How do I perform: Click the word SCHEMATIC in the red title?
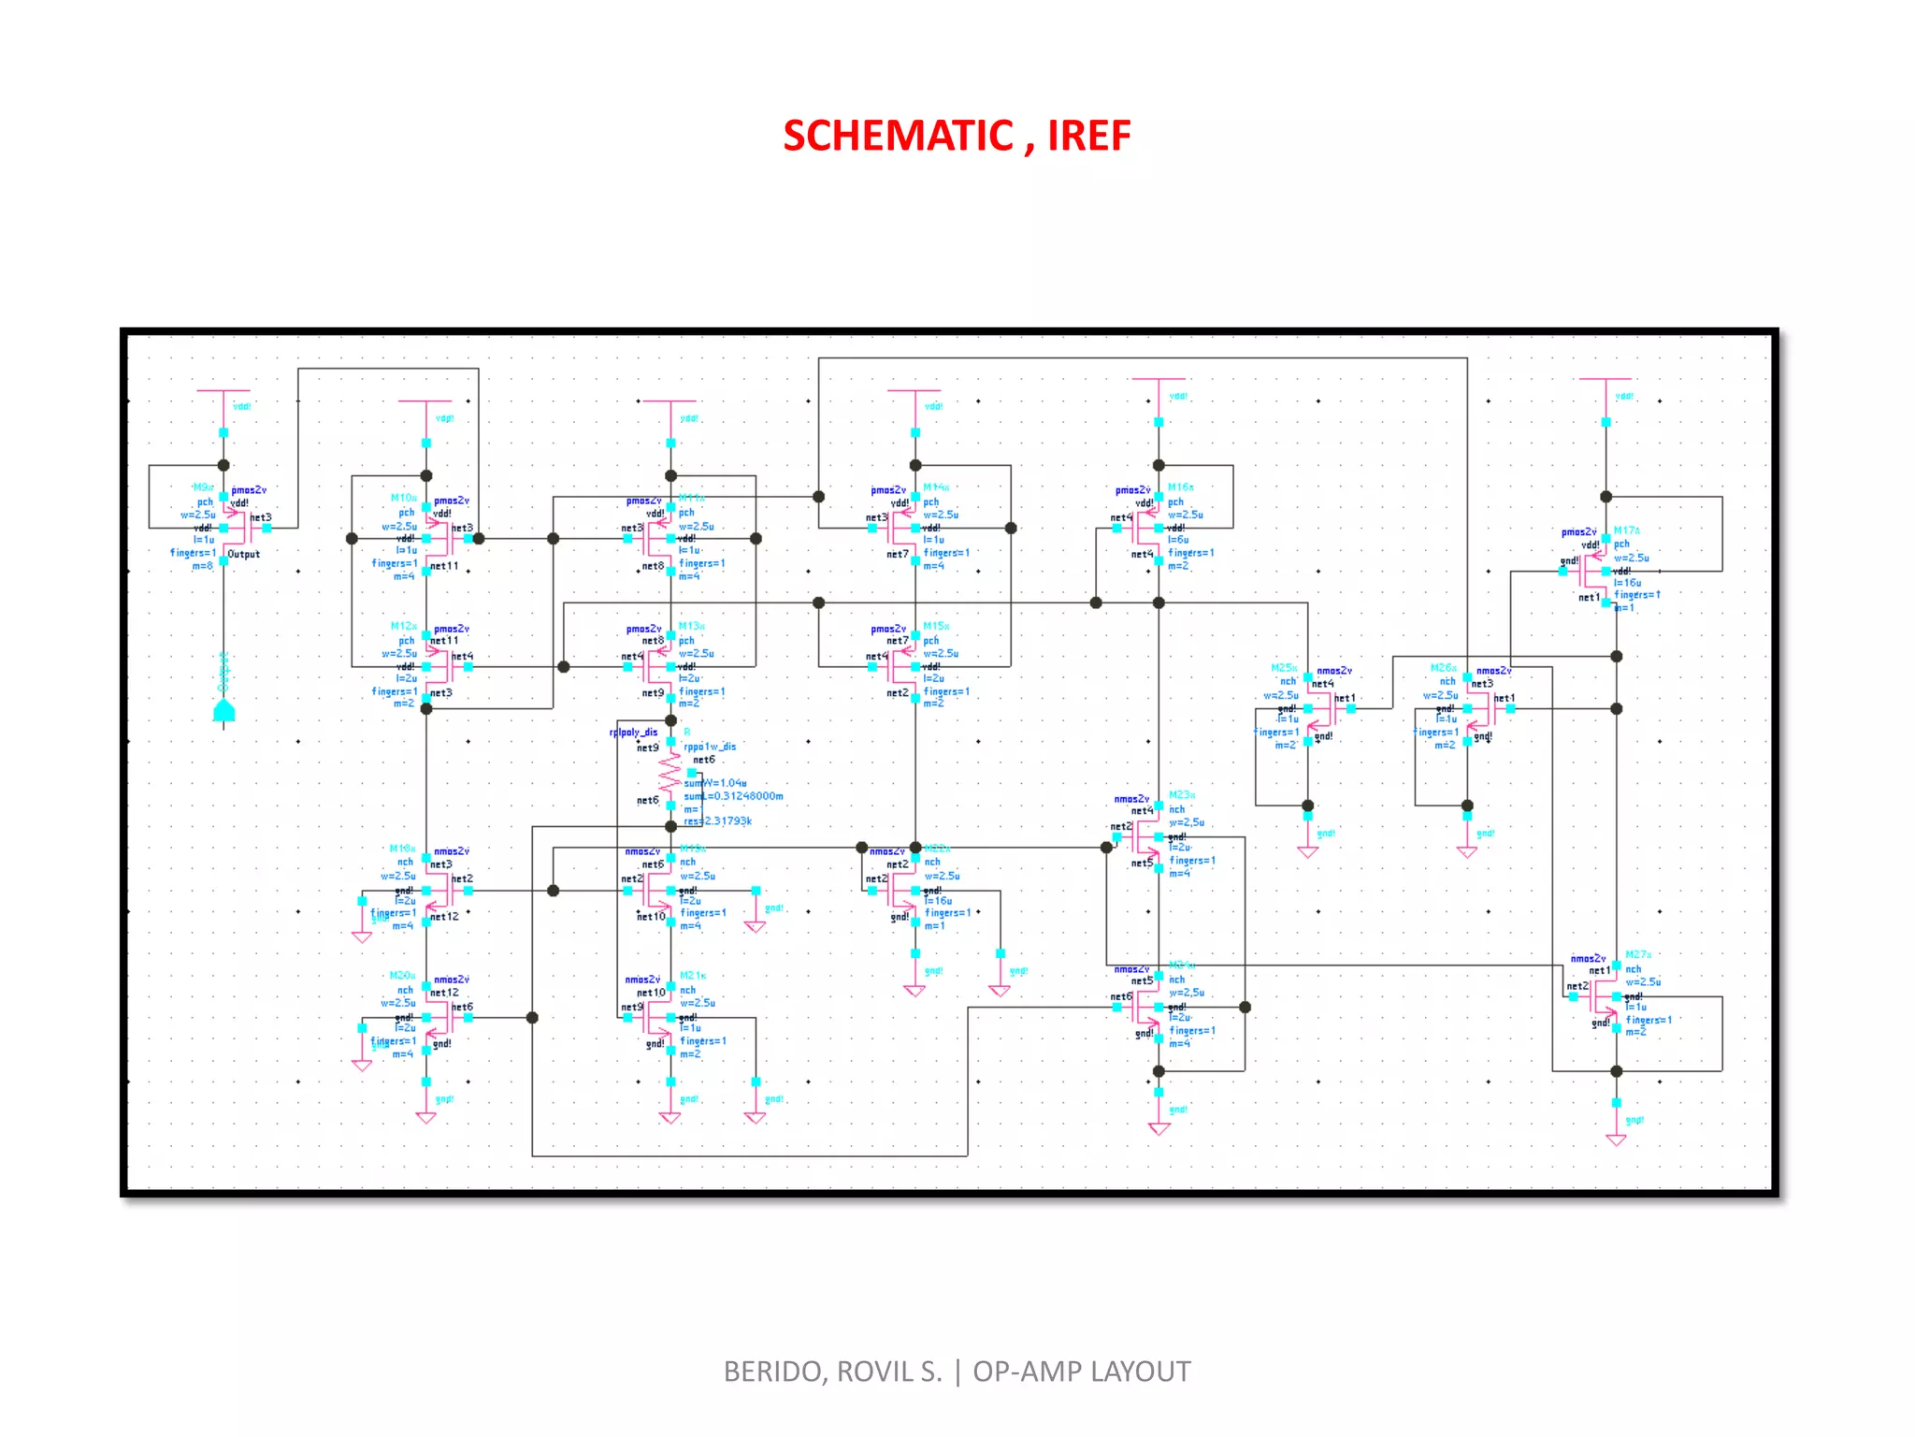click(899, 137)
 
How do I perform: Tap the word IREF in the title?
click(1088, 137)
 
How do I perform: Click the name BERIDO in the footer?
click(774, 1372)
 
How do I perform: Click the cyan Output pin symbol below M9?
click(223, 711)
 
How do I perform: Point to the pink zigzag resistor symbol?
click(670, 773)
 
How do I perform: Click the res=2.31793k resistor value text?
click(717, 821)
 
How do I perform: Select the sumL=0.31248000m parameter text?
click(733, 796)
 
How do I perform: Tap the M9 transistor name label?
click(203, 487)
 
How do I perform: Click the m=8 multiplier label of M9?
click(202, 565)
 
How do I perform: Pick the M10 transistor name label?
click(403, 498)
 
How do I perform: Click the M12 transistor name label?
click(403, 626)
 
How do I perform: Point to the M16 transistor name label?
click(1180, 487)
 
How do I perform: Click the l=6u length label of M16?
click(1178, 540)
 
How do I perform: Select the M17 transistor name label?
click(1626, 530)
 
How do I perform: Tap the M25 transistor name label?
click(1284, 668)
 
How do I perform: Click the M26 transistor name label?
click(1443, 668)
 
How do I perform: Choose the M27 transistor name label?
click(1637, 955)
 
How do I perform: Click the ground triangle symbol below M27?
click(1616, 1139)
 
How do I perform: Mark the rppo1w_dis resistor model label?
click(710, 747)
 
